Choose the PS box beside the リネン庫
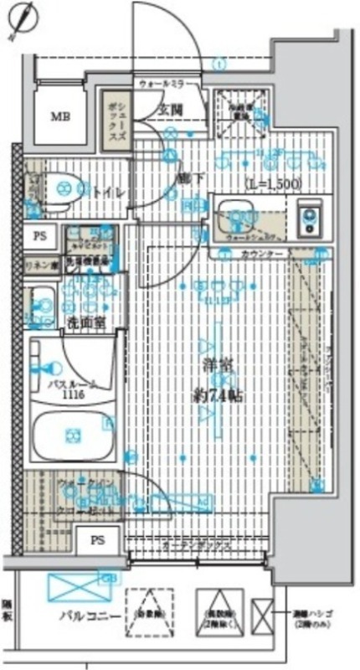(39, 236)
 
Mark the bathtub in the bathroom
(72, 435)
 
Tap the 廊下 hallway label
(187, 178)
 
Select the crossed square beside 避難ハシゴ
(261, 618)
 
